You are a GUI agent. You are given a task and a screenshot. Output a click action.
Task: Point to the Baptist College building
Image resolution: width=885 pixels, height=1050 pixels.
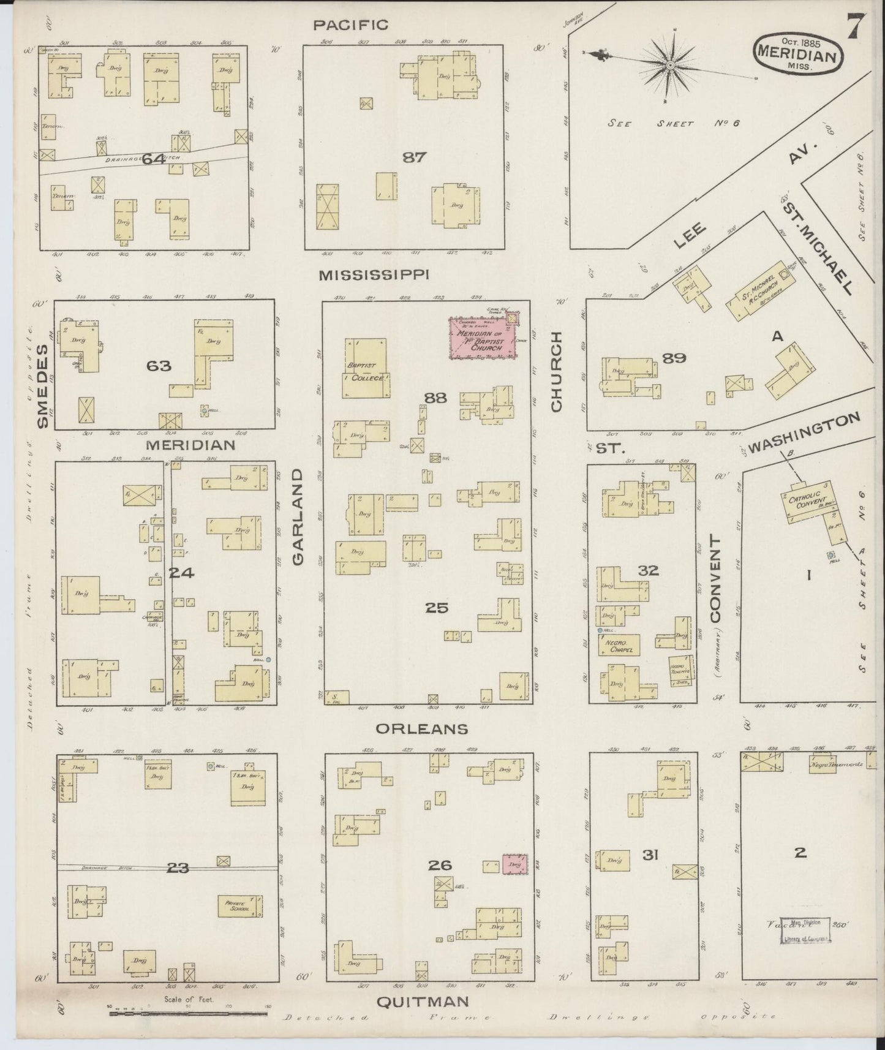coord(365,368)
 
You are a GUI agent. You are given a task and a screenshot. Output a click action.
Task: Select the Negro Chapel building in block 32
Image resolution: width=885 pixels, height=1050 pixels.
coord(619,644)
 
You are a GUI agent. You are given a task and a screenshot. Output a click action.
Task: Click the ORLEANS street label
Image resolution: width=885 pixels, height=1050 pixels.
coord(422,728)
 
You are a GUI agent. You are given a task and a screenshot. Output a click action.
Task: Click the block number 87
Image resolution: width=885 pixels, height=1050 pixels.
coord(414,157)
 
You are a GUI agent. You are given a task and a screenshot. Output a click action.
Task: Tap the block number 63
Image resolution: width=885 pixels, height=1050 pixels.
coord(158,366)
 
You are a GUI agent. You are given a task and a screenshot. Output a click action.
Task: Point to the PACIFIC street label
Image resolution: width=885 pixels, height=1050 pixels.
coord(350,25)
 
